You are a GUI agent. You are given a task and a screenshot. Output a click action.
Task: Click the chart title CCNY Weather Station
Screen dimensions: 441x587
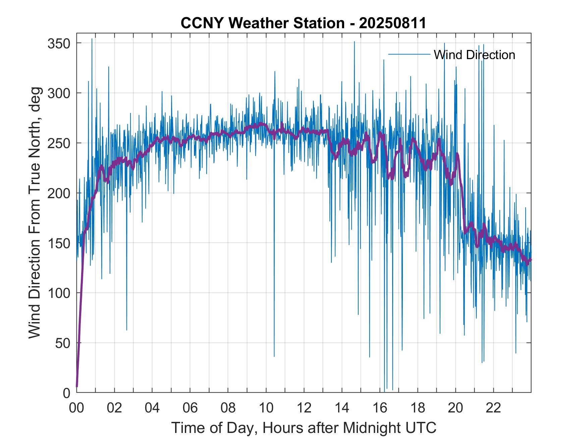coord(303,23)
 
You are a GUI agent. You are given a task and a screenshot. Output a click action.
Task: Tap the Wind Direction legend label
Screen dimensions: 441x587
coord(474,55)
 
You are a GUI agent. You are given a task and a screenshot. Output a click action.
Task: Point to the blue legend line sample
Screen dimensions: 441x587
coord(409,54)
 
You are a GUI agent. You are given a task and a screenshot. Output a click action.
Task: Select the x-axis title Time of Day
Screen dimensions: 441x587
coord(304,428)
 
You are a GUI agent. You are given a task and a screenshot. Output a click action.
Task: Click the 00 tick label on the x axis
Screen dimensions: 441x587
coord(76,408)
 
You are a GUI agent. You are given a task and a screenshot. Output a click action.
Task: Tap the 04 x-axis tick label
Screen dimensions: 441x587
coord(152,408)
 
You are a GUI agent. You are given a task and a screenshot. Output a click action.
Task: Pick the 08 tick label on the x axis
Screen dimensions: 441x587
coord(228,408)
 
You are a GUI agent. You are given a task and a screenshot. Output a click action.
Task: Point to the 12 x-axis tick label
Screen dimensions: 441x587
coord(304,408)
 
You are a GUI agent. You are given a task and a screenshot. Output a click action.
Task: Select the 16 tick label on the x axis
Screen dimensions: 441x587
coord(380,408)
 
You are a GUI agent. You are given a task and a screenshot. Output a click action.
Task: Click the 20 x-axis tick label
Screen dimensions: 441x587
coord(456,408)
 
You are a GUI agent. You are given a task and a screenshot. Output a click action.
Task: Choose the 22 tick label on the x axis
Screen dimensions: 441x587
coord(493,408)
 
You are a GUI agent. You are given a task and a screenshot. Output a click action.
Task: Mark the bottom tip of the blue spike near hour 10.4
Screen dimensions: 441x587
coord(274,356)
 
